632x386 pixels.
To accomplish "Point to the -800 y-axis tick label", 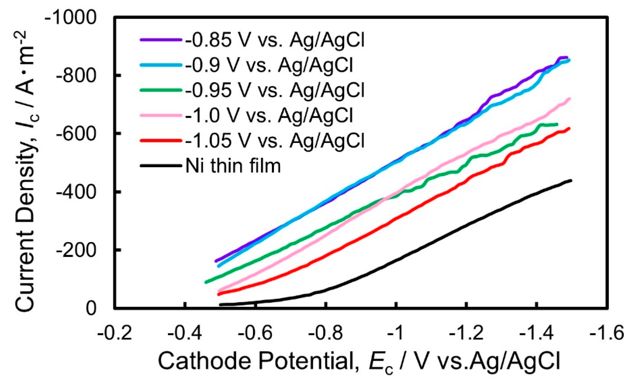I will (76, 76).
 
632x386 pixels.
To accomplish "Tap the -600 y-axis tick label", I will (76, 134).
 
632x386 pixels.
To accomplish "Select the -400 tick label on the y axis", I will (76, 192).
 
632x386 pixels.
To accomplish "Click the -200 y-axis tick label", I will (76, 250).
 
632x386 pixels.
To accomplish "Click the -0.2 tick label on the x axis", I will (115, 333).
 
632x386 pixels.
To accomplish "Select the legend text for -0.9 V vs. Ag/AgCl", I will (269, 65).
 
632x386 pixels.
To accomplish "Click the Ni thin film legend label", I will (233, 166).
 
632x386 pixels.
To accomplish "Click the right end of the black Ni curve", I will (571, 181).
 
